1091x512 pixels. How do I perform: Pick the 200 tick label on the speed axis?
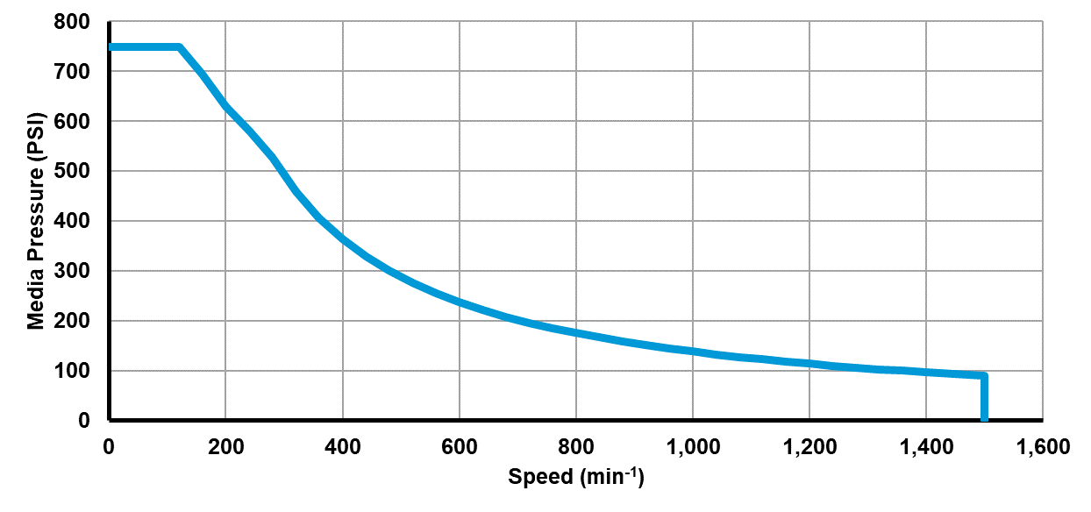225,447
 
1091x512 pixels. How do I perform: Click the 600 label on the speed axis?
459,447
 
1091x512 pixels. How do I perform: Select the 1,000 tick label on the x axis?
692,447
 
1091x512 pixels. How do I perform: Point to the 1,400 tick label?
925,447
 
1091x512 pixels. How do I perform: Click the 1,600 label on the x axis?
1042,447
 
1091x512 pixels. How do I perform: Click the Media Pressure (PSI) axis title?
36,220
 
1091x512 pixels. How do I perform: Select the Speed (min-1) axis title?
576,477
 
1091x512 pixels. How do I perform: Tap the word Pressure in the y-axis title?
36,202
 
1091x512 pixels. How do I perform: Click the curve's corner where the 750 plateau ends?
179,46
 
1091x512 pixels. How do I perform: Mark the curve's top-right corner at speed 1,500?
983,376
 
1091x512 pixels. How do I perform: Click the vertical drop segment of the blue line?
984,399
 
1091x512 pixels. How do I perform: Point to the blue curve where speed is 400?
342,238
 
